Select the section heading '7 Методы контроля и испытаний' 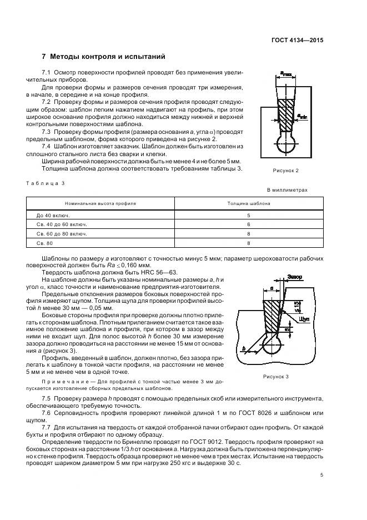point(103,57)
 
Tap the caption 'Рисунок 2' point(285,170)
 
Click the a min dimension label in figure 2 point(303,116)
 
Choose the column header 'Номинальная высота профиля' point(100,203)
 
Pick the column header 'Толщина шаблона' point(248,203)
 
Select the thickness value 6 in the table point(248,224)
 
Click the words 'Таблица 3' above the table point(46,182)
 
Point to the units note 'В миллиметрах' point(287,190)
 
